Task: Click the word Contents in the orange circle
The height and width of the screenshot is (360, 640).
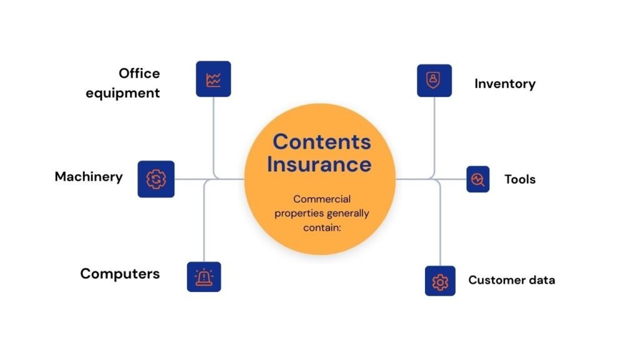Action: coord(321,141)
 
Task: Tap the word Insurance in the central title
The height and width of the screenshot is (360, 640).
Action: coord(319,164)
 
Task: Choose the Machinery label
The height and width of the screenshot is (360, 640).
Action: coord(89,176)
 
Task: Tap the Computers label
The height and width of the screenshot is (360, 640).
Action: coord(120,273)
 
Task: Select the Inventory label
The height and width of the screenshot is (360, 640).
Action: coord(504,84)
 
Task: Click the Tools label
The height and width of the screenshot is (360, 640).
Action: coord(520,179)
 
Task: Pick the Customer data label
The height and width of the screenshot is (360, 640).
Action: coord(511,280)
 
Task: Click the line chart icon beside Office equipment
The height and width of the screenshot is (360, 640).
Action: coord(213,79)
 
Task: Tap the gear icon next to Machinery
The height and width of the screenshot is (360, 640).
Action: coord(156,179)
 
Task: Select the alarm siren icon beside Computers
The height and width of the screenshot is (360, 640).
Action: coord(204,277)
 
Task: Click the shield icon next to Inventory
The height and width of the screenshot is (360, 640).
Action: coord(434,80)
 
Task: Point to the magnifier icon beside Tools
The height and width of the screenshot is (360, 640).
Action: coord(477,179)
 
